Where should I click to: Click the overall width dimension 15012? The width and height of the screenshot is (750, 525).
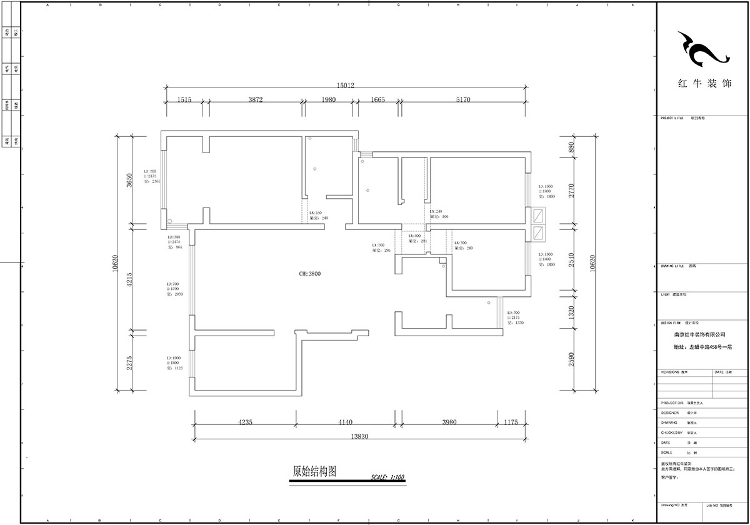(x=346, y=86)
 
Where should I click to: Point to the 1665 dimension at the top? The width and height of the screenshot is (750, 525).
(x=377, y=99)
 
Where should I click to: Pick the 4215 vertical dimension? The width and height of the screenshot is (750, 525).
(x=129, y=277)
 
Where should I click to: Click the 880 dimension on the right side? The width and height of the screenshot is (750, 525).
(x=570, y=147)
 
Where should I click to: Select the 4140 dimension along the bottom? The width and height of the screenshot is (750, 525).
(x=344, y=422)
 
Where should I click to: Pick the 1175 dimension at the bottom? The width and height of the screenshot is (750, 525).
(x=511, y=422)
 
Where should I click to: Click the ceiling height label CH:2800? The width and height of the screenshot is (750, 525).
(x=309, y=274)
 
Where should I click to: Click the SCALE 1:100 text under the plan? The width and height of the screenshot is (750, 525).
(x=387, y=477)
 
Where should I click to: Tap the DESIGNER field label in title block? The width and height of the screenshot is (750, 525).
(x=669, y=413)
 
